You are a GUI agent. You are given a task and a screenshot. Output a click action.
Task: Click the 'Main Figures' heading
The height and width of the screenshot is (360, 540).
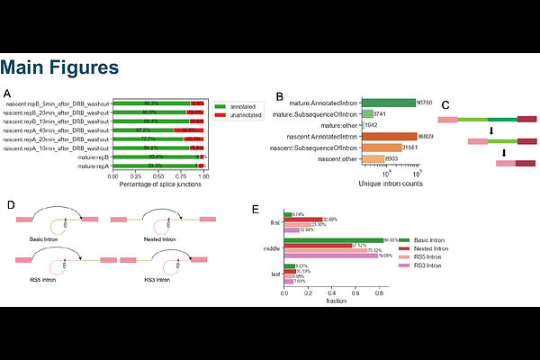[59, 67]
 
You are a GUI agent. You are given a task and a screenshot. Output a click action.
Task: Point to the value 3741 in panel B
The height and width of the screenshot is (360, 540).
[382, 114]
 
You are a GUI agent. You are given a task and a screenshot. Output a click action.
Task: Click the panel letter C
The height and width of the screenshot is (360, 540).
[445, 105]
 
